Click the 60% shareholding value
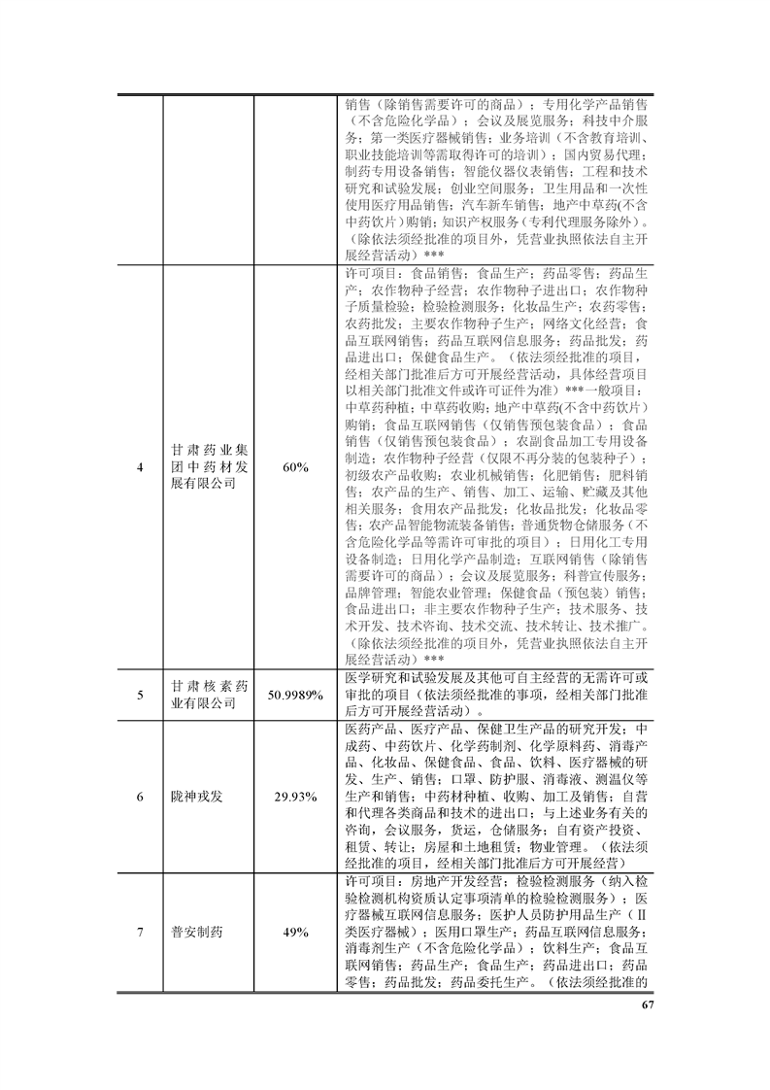(x=295, y=467)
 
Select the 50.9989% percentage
(x=295, y=695)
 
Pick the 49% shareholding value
(x=295, y=932)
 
